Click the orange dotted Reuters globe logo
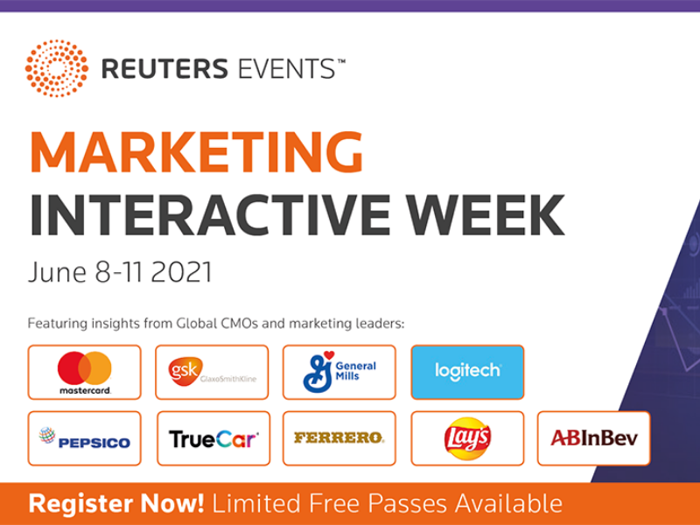pos(57,68)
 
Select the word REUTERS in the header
pos(164,69)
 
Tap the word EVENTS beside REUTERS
pos(287,69)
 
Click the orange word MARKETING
pos(196,151)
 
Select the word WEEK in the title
pos(486,214)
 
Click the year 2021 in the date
pos(181,272)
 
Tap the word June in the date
pos(57,272)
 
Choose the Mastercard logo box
pos(84,373)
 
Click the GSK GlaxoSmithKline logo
pos(212,373)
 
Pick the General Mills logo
pos(339,373)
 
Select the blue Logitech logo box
pos(467,373)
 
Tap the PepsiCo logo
pos(84,438)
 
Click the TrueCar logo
pos(213,438)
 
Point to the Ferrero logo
pos(339,438)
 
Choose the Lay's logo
pos(467,438)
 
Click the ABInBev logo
pos(594,438)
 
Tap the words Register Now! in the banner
pos(116,504)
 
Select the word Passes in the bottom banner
pos(407,504)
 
